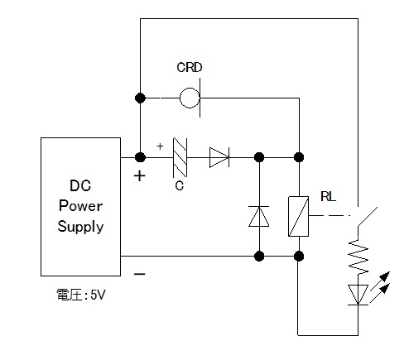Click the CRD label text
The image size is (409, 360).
pos(190,68)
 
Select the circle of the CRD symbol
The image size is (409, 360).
pos(180,98)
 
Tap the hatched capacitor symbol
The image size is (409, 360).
pos(180,157)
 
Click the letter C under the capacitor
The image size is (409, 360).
pos(180,186)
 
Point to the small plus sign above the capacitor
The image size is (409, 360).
pos(160,146)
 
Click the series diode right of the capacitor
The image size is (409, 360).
pos(219,157)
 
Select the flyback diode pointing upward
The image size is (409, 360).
pos(259,217)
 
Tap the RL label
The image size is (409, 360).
pos(328,197)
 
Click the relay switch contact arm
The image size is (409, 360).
pos(368,217)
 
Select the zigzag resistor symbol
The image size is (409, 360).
pos(358,257)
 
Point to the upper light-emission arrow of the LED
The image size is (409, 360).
pos(380,281)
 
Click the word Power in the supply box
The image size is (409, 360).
pos(80,206)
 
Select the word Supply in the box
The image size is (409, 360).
pos(80,227)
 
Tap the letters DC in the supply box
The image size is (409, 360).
pos(80,185)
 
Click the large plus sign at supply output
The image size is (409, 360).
pos(140,176)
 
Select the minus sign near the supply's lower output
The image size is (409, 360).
pos(140,274)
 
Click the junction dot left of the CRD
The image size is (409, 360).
pos(140,98)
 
